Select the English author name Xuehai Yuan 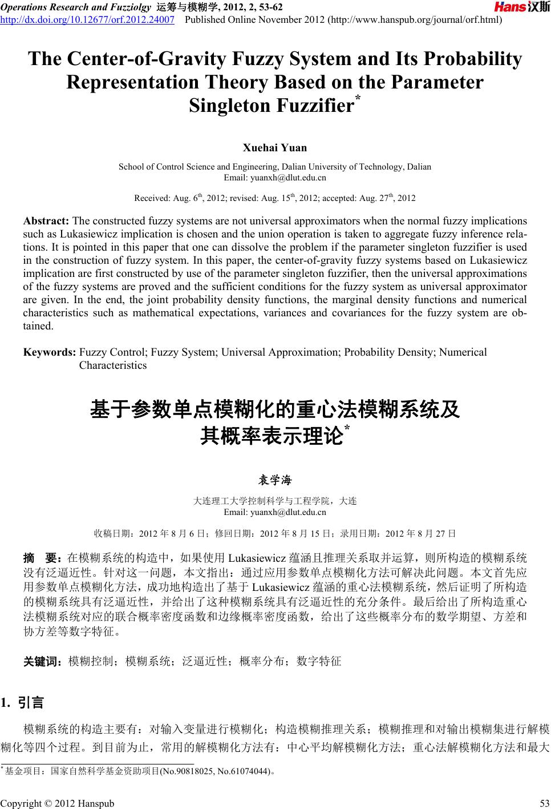(x=275, y=148)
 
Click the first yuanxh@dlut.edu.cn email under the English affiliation (x=275, y=178)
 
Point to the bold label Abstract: (x=46, y=221)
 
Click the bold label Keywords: (x=50, y=352)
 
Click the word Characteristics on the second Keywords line (x=112, y=365)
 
